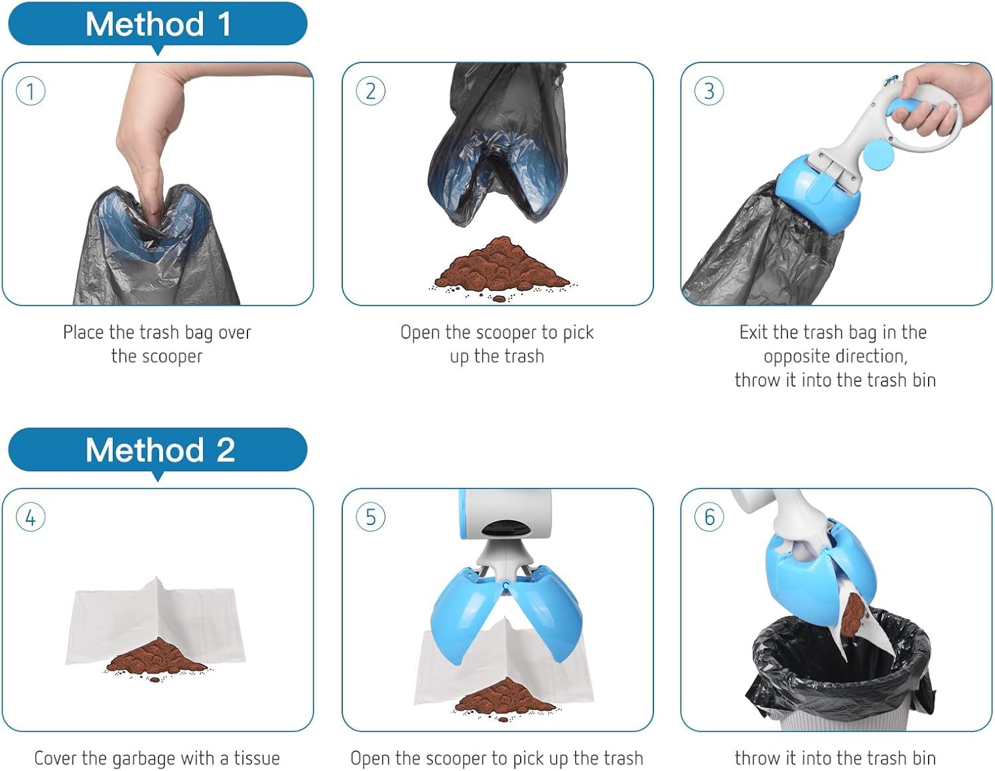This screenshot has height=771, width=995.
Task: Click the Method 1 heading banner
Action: pos(157,25)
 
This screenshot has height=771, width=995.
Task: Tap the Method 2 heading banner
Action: pos(157,450)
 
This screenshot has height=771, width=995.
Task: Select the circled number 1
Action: pos(31,91)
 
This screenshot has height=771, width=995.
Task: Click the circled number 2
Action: pos(370,91)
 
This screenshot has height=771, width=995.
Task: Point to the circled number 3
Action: pos(709,91)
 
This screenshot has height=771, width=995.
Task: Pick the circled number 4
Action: pos(31,517)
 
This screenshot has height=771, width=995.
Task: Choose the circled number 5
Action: pos(370,517)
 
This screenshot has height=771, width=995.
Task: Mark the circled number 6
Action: pos(709,517)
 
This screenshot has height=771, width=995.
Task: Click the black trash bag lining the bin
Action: pos(796,670)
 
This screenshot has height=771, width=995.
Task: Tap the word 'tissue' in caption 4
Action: pos(256,758)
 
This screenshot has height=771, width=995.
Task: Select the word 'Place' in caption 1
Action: pos(84,332)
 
